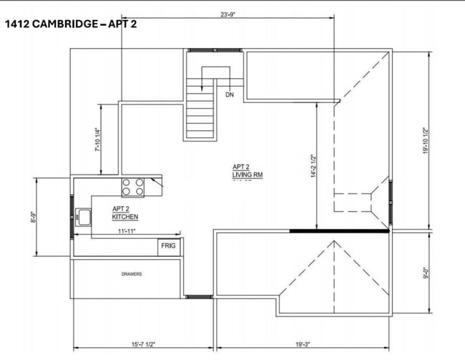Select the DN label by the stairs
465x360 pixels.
point(230,94)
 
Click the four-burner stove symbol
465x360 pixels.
point(133,187)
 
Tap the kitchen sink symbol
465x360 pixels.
point(84,216)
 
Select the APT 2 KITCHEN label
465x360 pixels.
point(125,213)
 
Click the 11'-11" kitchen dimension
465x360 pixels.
point(126,231)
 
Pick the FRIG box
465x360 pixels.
point(169,246)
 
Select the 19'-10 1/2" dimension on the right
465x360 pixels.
point(425,140)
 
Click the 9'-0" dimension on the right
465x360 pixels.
point(425,273)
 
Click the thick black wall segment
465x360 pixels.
point(338,231)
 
